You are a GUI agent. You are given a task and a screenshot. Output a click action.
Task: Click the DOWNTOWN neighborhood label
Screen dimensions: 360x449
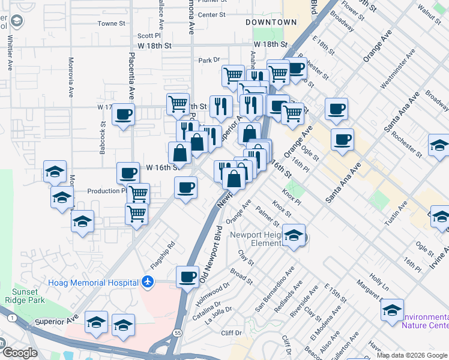click(x=271, y=22)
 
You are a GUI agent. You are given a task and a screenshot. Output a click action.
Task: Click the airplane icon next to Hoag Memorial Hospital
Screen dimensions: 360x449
click(x=148, y=281)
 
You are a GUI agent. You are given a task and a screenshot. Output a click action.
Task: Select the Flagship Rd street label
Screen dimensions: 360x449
click(x=162, y=254)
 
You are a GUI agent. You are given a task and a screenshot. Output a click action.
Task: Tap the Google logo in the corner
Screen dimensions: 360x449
click(x=20, y=353)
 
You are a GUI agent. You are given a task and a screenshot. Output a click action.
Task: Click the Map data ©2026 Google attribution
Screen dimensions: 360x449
click(x=411, y=355)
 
